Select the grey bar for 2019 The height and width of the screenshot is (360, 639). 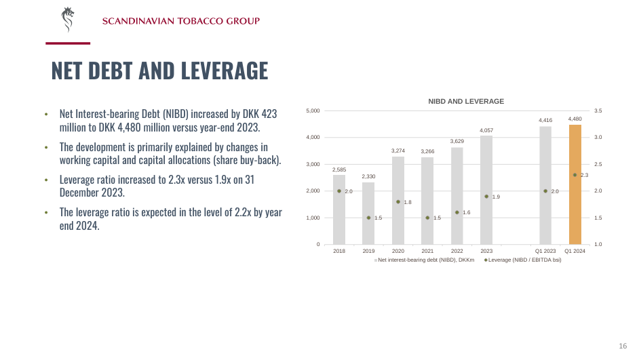coord(368,214)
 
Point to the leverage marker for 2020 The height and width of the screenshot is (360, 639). coord(398,201)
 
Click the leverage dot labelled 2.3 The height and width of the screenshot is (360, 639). coord(575,175)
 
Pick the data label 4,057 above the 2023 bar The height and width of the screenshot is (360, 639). coord(486,130)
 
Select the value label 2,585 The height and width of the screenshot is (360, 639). coord(339,169)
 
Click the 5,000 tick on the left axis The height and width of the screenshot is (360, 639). coord(313,111)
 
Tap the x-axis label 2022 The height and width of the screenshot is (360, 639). coord(457,251)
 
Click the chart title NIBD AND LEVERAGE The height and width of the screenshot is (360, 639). coord(465,101)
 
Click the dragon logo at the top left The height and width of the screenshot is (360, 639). coord(67,20)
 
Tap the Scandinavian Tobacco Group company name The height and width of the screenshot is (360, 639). coord(180,21)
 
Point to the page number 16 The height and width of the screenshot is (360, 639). coord(623,346)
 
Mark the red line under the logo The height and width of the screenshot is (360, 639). coord(68,43)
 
